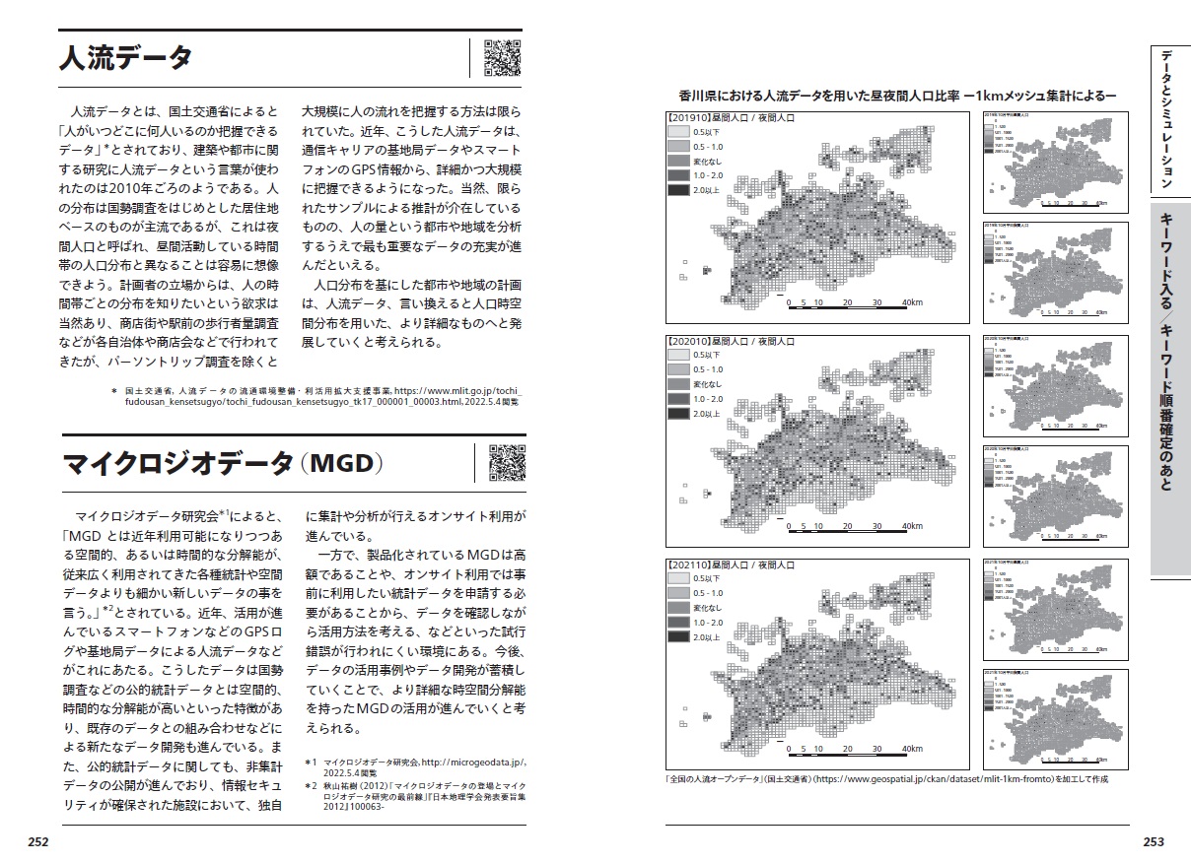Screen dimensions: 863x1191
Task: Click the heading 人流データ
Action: tap(125, 58)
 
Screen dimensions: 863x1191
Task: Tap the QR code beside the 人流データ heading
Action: tap(502, 58)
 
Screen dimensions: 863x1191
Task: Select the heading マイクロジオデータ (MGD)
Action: tap(222, 464)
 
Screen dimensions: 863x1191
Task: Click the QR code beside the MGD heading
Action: tap(507, 463)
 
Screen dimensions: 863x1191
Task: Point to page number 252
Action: tap(38, 841)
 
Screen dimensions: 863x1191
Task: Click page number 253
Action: tap(1153, 841)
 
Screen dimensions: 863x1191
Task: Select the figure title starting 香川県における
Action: tap(897, 96)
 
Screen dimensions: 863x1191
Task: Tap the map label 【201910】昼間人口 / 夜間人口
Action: tap(733, 117)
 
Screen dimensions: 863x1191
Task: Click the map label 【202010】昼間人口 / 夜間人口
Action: tap(733, 340)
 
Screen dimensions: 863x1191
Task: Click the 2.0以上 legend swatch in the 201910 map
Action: tap(678, 190)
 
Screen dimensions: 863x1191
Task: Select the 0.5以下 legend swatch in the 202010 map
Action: tap(678, 355)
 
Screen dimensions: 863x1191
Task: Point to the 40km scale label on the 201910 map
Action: tap(912, 303)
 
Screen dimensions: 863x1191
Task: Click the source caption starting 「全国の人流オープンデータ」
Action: tap(887, 778)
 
